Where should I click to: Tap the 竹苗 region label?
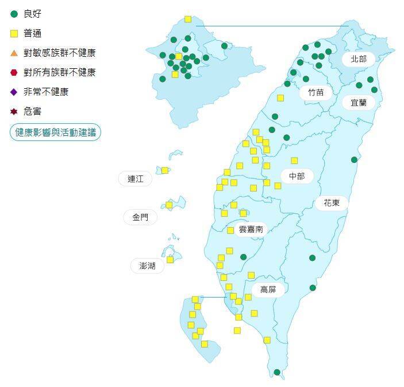[x=315, y=92]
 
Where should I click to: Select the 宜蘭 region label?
[x=358, y=103]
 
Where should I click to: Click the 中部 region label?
[x=297, y=176]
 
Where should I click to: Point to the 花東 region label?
[x=332, y=202]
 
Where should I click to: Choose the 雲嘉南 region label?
[x=251, y=229]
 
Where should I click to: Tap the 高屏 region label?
[x=268, y=290]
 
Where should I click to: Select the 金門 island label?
[x=140, y=217]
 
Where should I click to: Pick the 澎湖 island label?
[x=143, y=265]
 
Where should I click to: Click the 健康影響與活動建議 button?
[x=55, y=132]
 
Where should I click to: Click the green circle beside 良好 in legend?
[x=14, y=14]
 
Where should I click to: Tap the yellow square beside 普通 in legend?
[x=14, y=33]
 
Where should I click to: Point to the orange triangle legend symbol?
[x=14, y=53]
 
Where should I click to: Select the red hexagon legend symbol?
[x=14, y=72]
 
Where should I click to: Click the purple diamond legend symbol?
[x=14, y=92]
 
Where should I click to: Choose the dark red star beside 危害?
[x=14, y=111]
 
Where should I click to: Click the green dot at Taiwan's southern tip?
[x=277, y=372]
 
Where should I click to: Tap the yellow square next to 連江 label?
[x=165, y=170]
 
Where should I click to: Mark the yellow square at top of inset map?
[x=188, y=19]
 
